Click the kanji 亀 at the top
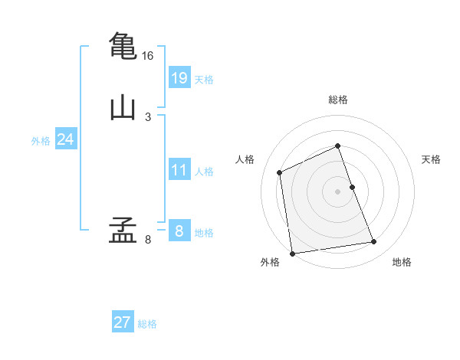[x=123, y=46]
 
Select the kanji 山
[x=123, y=109]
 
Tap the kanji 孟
[x=123, y=230]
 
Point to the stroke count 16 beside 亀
[x=147, y=56]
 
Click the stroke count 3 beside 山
[x=148, y=117]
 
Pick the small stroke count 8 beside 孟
[x=148, y=240]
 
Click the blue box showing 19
[x=179, y=77]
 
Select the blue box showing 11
[x=179, y=169]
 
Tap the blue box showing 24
[x=66, y=139]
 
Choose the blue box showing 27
[x=123, y=321]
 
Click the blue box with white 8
[x=179, y=230]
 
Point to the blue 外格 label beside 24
[x=41, y=141]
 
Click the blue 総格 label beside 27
[x=147, y=324]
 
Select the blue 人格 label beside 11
[x=204, y=172]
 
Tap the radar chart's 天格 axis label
[x=431, y=159]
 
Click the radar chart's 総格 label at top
[x=338, y=100]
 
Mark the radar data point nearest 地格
[x=374, y=242]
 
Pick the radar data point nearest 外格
[x=292, y=254]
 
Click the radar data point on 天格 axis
[x=353, y=187]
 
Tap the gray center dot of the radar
[x=337, y=191]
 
